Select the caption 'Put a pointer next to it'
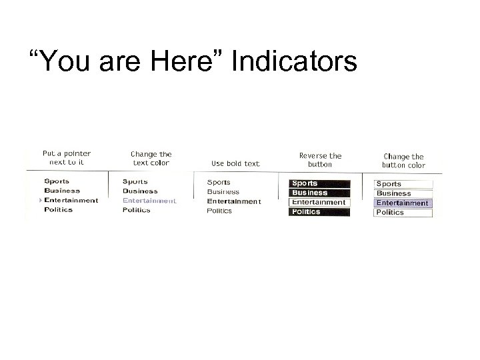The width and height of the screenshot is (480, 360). (67, 157)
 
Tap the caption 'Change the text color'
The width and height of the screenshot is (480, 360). (151, 158)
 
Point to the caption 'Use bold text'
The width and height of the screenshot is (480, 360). (235, 163)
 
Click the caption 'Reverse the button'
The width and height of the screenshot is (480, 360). (320, 159)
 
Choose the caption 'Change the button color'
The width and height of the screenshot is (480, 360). (403, 161)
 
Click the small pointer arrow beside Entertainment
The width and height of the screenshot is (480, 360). (41, 200)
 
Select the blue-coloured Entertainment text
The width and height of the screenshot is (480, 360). (149, 200)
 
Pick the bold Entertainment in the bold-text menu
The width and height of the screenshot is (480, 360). (233, 201)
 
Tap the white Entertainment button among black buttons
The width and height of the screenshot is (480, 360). (319, 202)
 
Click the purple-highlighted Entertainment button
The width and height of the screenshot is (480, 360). (403, 203)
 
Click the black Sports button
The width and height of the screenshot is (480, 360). (319, 183)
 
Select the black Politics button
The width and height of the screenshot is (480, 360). (319, 211)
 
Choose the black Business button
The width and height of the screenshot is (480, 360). (319, 193)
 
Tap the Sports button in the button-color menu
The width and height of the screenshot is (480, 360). (403, 184)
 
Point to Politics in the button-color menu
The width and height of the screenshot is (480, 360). (403, 212)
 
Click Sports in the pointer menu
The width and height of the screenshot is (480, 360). (57, 181)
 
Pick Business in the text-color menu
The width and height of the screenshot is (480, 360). (140, 191)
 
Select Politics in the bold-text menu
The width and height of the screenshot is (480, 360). (219, 211)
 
